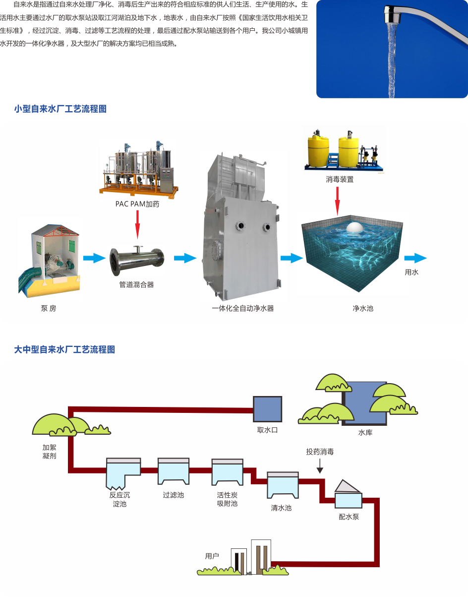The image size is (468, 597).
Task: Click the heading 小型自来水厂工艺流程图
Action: click(60, 109)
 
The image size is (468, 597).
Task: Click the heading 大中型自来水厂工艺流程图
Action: click(64, 350)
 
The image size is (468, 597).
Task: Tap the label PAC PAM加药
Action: click(137, 204)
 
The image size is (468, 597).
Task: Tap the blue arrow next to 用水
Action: click(415, 258)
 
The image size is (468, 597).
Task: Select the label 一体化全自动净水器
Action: click(242, 308)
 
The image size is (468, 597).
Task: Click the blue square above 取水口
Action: click(267, 409)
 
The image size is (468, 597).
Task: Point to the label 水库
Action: click(365, 433)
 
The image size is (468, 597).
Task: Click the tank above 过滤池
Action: click(174, 471)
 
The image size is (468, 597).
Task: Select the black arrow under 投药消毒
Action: click(320, 466)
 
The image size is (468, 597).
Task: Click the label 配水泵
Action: click(349, 517)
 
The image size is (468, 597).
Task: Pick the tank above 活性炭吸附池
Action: click(227, 472)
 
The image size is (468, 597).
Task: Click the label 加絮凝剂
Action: click(50, 452)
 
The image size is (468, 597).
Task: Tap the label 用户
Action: click(212, 556)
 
